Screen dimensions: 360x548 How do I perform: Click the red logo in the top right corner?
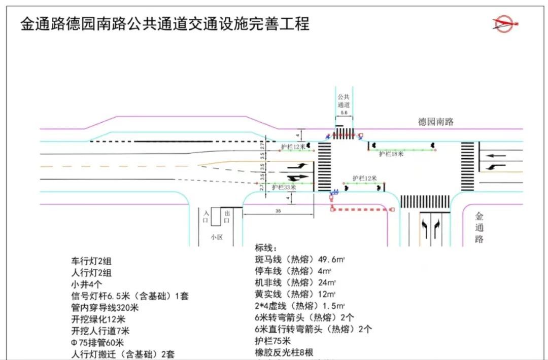pos(506,23)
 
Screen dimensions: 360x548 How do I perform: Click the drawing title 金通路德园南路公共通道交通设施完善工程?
pos(165,23)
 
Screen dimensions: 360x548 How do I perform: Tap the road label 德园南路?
pos(435,122)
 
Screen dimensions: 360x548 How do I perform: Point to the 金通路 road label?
pos(479,228)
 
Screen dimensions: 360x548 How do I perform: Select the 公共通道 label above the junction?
pos(344,100)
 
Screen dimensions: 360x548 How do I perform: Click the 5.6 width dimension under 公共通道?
pos(344,112)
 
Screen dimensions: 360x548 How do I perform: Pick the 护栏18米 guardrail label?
pos(391,154)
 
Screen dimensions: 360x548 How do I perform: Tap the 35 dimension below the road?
pos(278,210)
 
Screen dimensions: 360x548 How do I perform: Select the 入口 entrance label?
pos(206,217)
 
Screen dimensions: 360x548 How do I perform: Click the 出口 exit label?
pos(227,217)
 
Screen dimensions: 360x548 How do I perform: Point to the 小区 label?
pos(217,237)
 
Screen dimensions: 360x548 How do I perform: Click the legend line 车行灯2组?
pos(91,262)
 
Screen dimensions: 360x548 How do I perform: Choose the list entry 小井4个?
pos(87,284)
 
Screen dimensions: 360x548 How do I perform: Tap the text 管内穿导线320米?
pos(105,307)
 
